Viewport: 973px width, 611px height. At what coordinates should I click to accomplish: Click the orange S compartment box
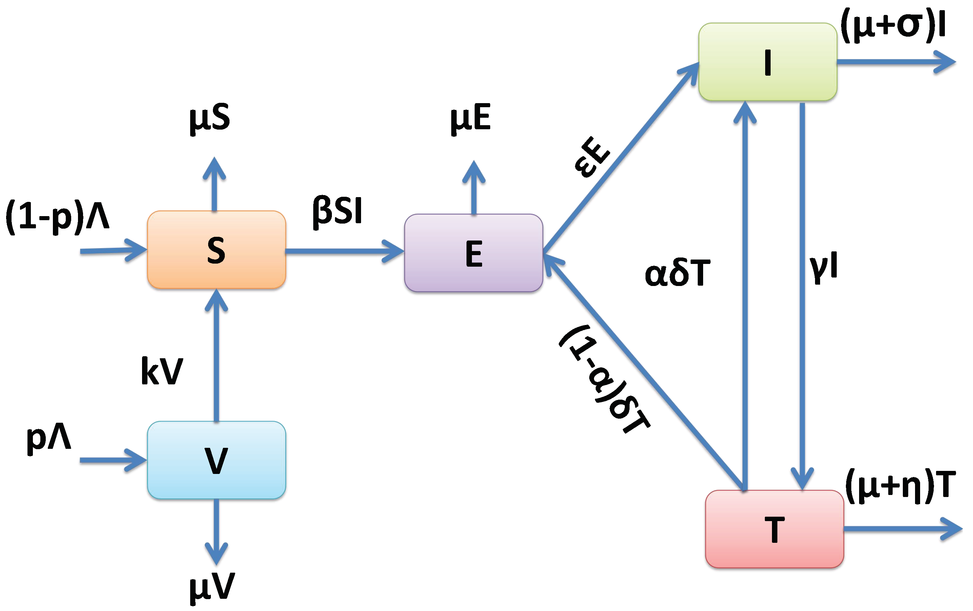(216, 249)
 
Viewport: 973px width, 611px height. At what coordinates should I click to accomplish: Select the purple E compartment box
(473, 253)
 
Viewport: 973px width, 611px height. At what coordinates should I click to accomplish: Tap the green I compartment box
(768, 62)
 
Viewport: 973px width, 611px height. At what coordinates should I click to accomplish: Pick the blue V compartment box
(216, 460)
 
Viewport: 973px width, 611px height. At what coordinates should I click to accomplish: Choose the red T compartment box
(774, 529)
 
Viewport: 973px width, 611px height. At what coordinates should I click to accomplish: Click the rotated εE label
(592, 157)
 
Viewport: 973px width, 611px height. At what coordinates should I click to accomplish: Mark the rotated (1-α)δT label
(604, 379)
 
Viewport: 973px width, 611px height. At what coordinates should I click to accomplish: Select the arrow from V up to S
(216, 356)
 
